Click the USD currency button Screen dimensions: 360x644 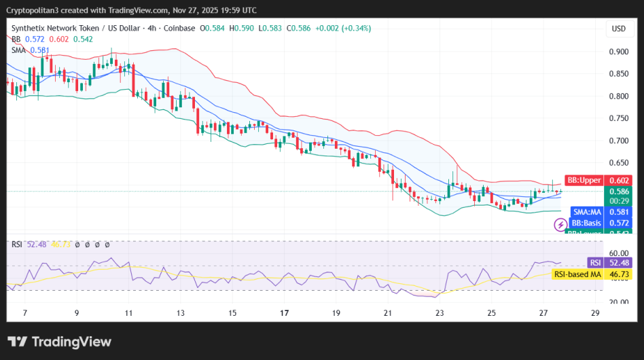[x=618, y=29]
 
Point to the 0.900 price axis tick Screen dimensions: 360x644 [x=618, y=52]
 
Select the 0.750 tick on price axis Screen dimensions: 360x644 [x=618, y=118]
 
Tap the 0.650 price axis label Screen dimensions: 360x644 [x=618, y=163]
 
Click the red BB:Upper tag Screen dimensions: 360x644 [x=584, y=180]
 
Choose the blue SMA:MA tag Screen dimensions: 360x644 [x=586, y=212]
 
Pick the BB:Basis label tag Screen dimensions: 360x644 [x=586, y=223]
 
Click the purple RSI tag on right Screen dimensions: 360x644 [x=594, y=263]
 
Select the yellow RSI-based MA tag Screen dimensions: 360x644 [x=577, y=274]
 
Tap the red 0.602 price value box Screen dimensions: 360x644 [x=619, y=180]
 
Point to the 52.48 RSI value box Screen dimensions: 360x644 [x=619, y=263]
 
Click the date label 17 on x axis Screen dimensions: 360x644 [x=285, y=313]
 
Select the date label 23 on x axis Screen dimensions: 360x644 [x=440, y=313]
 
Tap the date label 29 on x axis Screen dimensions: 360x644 [x=596, y=313]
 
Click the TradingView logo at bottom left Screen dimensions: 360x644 [x=59, y=342]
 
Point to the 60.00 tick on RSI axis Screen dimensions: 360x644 [x=618, y=252]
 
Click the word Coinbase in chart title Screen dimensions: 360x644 [x=181, y=29]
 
